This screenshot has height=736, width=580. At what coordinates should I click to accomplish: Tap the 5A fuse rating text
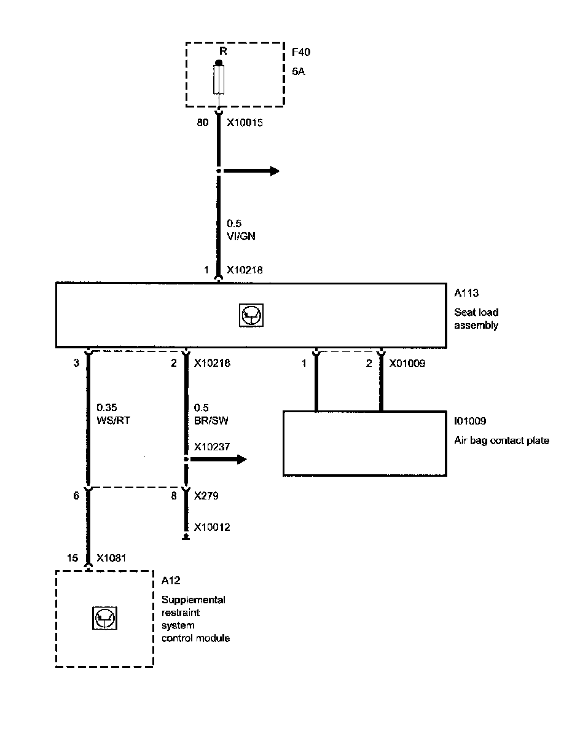(299, 71)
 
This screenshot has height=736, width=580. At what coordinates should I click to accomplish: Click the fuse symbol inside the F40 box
(218, 80)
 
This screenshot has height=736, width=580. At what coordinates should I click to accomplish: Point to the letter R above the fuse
(223, 52)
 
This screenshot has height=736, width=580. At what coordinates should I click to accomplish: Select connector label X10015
(246, 122)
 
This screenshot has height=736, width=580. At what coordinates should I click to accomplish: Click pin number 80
(201, 122)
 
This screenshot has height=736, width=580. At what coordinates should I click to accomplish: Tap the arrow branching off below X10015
(252, 171)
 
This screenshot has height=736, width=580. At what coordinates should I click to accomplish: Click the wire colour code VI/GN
(241, 237)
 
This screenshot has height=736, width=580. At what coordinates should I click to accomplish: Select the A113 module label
(466, 294)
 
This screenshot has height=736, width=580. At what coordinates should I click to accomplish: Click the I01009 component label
(469, 421)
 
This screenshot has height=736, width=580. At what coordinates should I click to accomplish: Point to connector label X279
(206, 495)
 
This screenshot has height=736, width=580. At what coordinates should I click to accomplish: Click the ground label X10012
(212, 527)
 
